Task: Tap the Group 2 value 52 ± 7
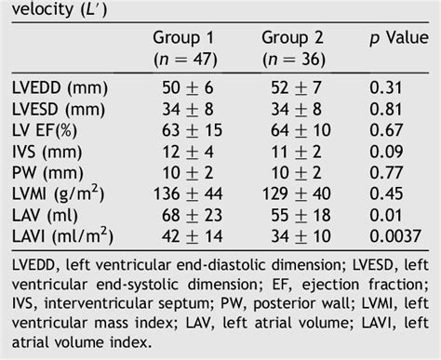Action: (x=291, y=90)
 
